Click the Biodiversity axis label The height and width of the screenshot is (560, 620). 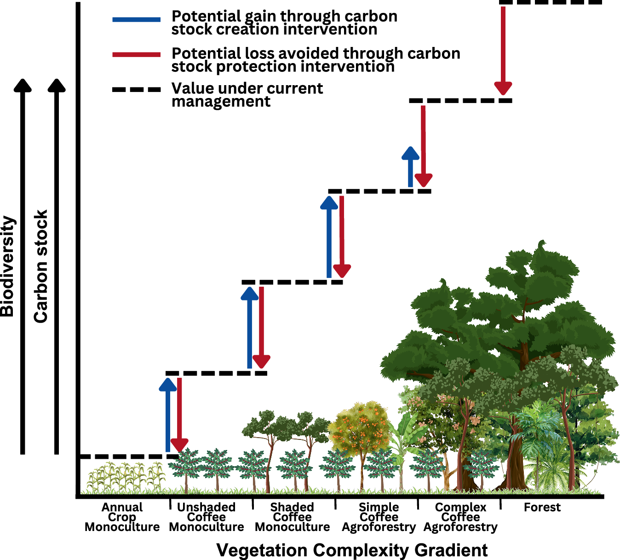coord(7,266)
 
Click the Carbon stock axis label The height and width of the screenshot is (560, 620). coord(41,266)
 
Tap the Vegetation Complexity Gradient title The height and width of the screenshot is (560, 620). coord(352,550)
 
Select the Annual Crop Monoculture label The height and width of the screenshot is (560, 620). coord(122,517)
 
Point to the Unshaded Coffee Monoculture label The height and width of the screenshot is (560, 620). coord(206,517)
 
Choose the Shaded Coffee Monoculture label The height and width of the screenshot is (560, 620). coord(292,517)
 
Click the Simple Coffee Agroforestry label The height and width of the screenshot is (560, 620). coord(379,517)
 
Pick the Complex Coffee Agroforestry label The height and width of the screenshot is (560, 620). coord(460,517)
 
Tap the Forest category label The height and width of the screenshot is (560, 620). coord(542,507)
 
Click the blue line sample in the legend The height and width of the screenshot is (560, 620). coord(136,19)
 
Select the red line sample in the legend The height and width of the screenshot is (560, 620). coord(136,55)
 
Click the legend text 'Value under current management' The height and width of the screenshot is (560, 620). coord(247,94)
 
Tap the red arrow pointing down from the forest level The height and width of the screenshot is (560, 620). coord(503,51)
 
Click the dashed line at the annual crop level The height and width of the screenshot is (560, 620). coord(129,456)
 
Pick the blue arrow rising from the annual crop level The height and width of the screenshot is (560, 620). coord(168,414)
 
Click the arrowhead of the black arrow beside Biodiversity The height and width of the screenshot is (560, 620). coord(23,86)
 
